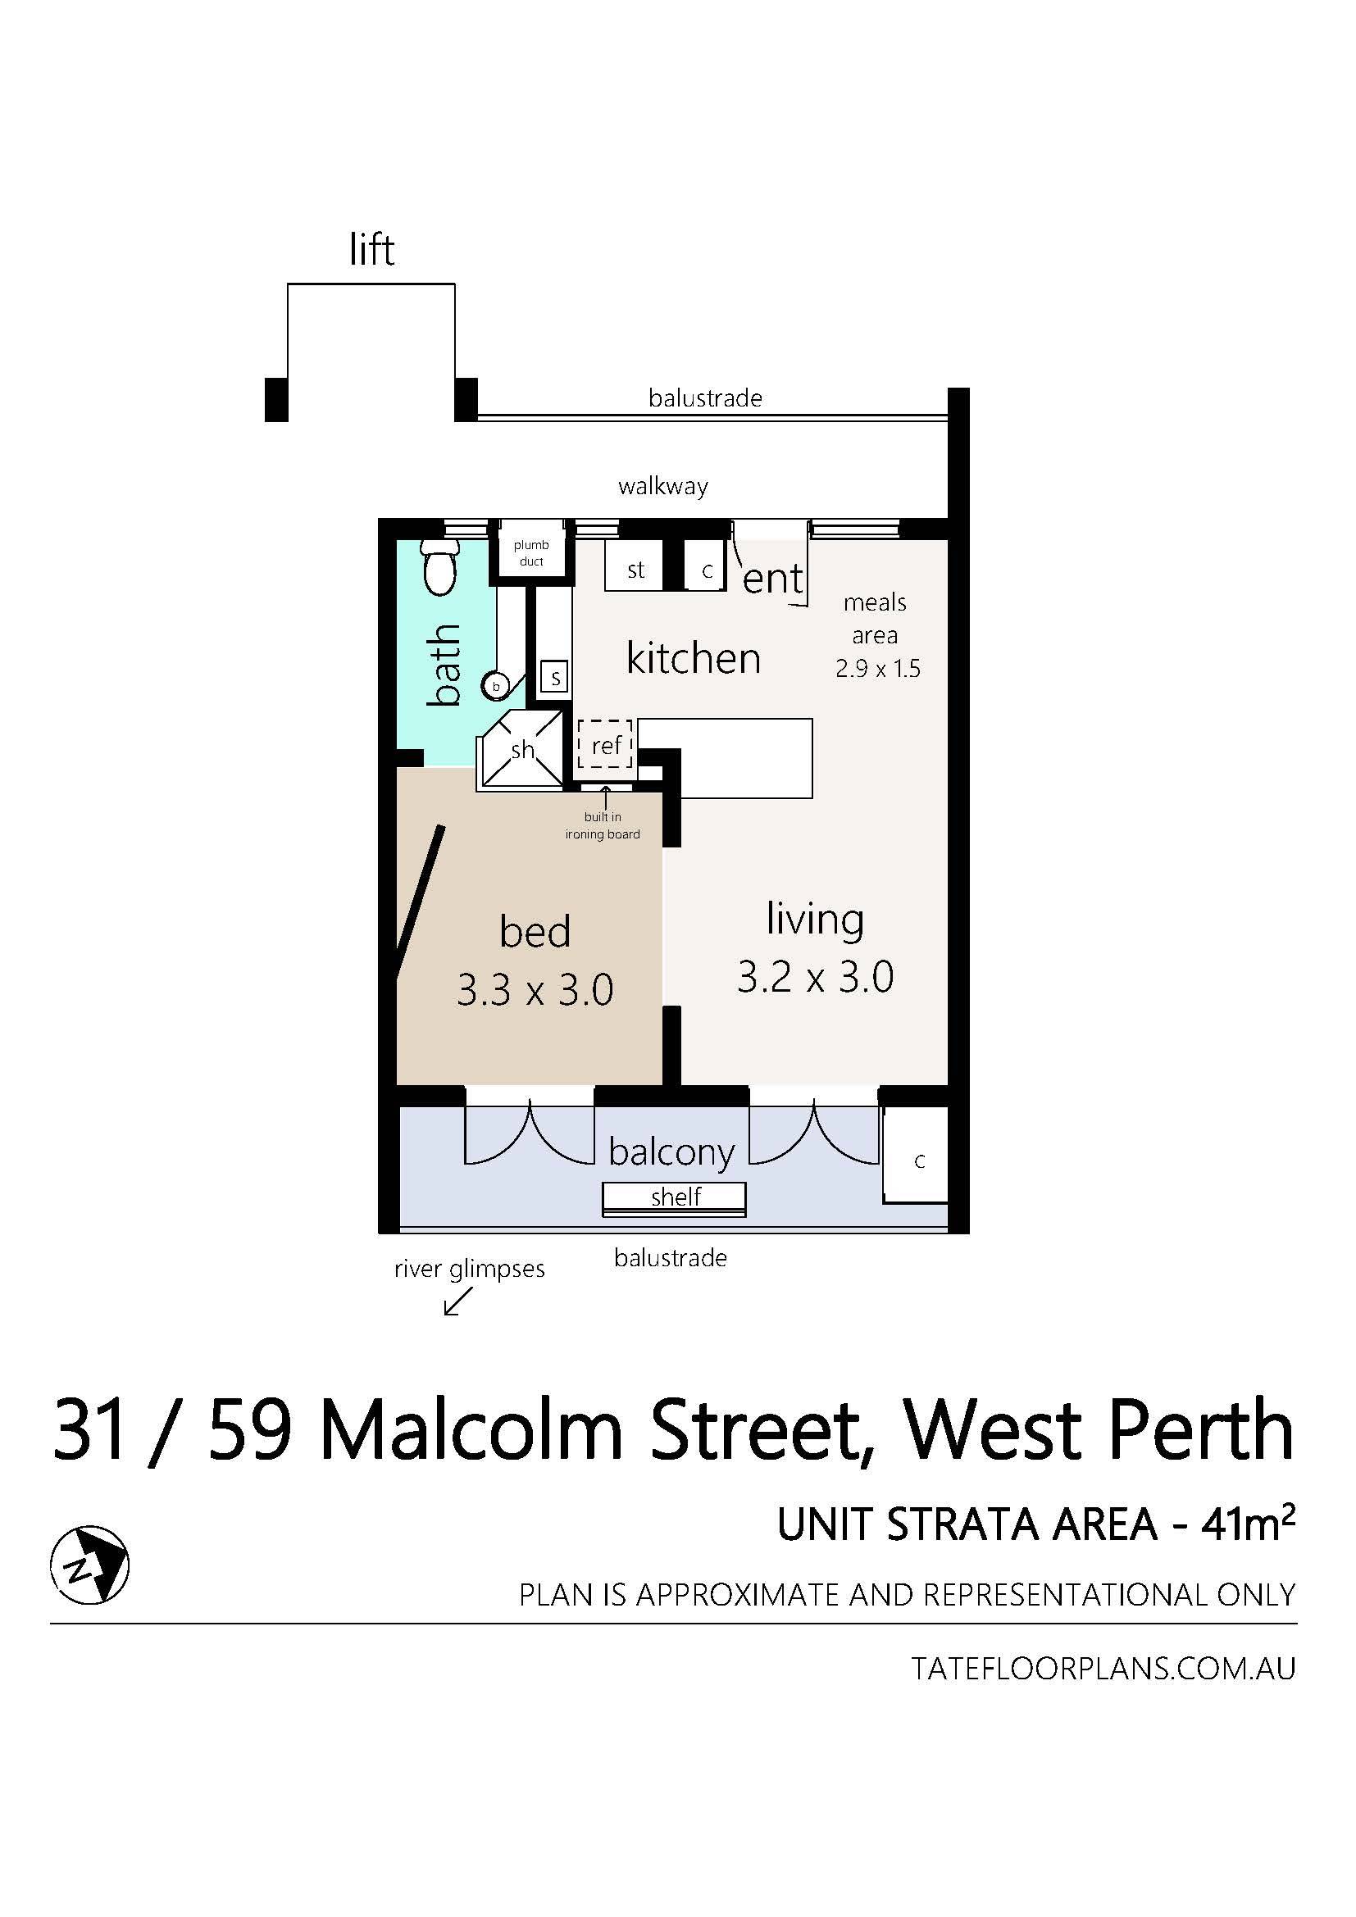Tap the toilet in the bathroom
(439, 568)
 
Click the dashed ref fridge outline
(606, 744)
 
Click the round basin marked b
(495, 686)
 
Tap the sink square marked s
(554, 676)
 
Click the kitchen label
(693, 658)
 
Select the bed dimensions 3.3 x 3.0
(535, 990)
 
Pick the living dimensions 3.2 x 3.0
(815, 976)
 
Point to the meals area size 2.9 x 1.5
(877, 669)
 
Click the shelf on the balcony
(674, 1198)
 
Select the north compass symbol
(89, 1565)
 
